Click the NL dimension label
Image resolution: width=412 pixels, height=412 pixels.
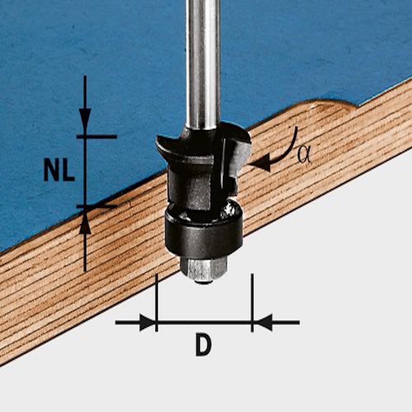[x=59, y=171]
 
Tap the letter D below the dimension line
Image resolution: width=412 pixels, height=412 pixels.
[x=204, y=345]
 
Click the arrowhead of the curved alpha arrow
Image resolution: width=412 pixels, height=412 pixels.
[x=260, y=162]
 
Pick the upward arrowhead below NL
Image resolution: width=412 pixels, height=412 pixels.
[x=85, y=225]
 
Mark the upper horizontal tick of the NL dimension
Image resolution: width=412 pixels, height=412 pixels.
[x=96, y=136]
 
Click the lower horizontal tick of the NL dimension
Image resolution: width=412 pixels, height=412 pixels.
[x=96, y=206]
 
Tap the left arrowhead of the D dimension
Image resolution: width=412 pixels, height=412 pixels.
[x=147, y=323]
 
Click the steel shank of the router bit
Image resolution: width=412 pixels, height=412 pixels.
[x=202, y=62]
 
